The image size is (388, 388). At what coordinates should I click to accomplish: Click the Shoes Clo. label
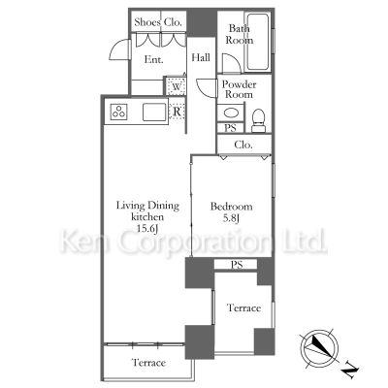[x=158, y=22]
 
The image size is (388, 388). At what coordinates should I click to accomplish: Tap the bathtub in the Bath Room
[x=258, y=42]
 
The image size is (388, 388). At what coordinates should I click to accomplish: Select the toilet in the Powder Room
[x=258, y=120]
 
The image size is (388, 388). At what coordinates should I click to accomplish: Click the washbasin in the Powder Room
[x=231, y=113]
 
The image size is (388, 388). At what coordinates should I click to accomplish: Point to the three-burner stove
[x=118, y=112]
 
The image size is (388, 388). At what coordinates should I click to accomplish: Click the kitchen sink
[x=154, y=112]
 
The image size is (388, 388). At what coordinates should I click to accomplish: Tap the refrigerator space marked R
[x=177, y=112]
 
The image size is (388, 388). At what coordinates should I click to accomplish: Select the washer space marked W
[x=177, y=86]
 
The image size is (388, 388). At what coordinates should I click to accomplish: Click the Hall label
[x=201, y=57]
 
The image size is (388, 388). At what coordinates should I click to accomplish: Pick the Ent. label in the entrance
[x=153, y=59]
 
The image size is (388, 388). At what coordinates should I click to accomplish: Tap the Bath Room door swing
[x=231, y=63]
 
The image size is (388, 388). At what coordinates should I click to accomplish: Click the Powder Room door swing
[x=206, y=87]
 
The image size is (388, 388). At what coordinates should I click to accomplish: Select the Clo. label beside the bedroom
[x=243, y=145]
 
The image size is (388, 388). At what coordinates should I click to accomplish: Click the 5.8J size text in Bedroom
[x=231, y=218]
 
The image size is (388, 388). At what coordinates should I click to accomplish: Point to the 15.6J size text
[x=147, y=229]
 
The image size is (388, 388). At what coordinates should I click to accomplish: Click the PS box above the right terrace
[x=237, y=265]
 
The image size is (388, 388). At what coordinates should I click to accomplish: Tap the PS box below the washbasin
[x=230, y=128]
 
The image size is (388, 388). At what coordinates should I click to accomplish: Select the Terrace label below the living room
[x=149, y=363]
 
